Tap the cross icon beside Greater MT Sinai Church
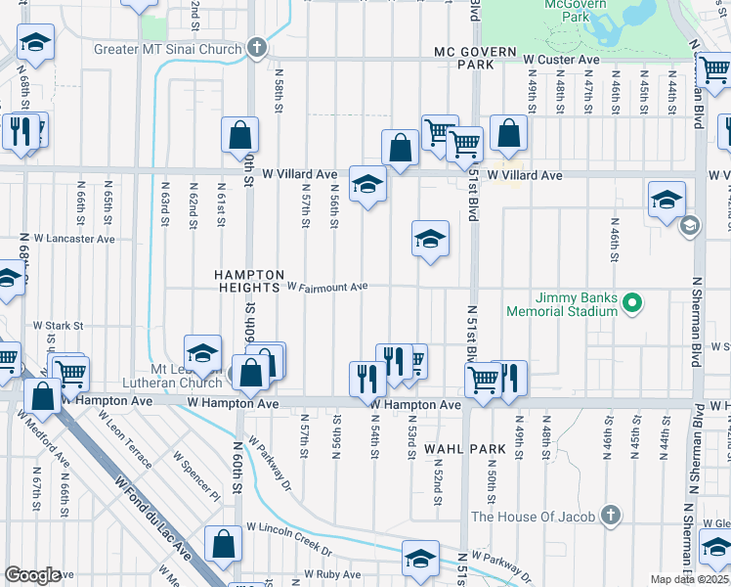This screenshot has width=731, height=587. click(256, 47)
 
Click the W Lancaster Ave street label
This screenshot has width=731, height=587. click(74, 238)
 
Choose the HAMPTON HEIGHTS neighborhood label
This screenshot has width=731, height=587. click(249, 282)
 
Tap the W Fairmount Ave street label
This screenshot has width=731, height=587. click(326, 287)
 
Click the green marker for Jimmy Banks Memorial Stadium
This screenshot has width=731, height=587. click(631, 303)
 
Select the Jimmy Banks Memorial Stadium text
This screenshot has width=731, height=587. click(561, 303)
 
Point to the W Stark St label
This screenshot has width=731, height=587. click(59, 325)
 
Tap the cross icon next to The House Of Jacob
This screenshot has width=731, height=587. click(611, 515)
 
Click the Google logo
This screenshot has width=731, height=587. click(32, 575)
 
